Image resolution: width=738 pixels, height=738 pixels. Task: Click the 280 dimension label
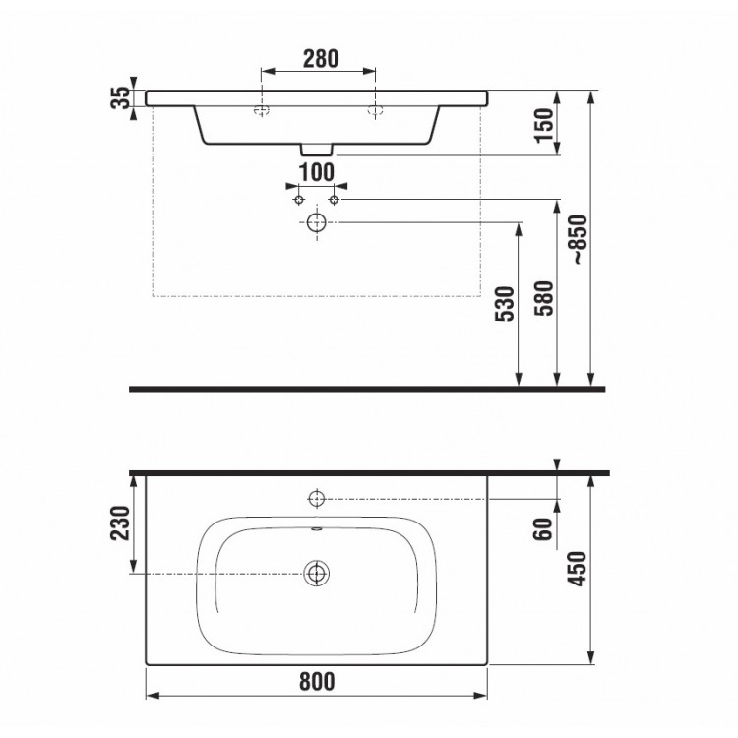tap(321, 59)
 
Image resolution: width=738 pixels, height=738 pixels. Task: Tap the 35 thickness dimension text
tap(120, 97)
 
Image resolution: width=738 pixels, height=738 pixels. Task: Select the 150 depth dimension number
tap(544, 125)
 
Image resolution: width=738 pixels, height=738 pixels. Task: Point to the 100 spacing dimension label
tap(317, 172)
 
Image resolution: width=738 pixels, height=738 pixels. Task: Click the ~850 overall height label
tap(579, 239)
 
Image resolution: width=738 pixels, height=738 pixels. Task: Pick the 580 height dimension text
tap(544, 298)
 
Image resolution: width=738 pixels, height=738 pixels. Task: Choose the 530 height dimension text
tap(505, 304)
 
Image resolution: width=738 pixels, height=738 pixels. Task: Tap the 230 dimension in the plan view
tap(120, 523)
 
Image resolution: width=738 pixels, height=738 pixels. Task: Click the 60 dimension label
tap(542, 529)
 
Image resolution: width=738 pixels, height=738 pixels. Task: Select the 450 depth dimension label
tap(577, 569)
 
